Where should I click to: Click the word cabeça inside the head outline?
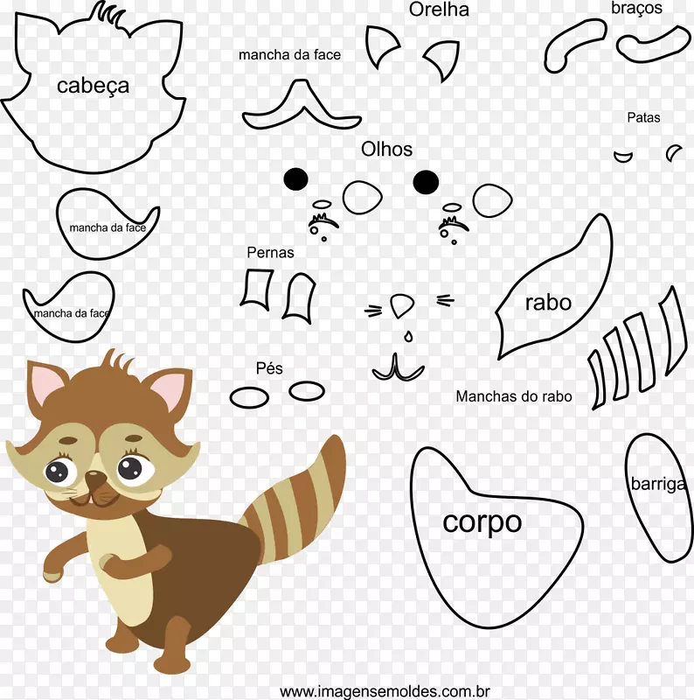pyautogui.click(x=93, y=86)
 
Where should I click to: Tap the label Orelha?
pyautogui.click(x=439, y=10)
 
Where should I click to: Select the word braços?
pyautogui.click(x=636, y=8)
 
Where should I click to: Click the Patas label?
pyautogui.click(x=643, y=117)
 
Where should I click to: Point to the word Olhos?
pyautogui.click(x=386, y=149)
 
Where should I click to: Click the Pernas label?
pyautogui.click(x=270, y=252)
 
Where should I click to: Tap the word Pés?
pyautogui.click(x=269, y=368)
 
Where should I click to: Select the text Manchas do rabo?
pyautogui.click(x=514, y=396)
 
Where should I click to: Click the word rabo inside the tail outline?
pyautogui.click(x=548, y=302)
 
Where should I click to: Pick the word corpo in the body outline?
pyautogui.click(x=482, y=521)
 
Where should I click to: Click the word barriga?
pyautogui.click(x=658, y=484)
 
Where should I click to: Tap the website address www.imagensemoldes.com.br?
pyautogui.click(x=385, y=691)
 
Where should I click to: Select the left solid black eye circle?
pyautogui.click(x=295, y=179)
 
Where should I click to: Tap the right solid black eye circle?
pyautogui.click(x=426, y=182)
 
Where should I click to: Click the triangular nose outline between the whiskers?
pyautogui.click(x=401, y=304)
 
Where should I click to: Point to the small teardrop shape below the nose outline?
pyautogui.click(x=408, y=336)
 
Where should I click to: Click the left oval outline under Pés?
pyautogui.click(x=249, y=398)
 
